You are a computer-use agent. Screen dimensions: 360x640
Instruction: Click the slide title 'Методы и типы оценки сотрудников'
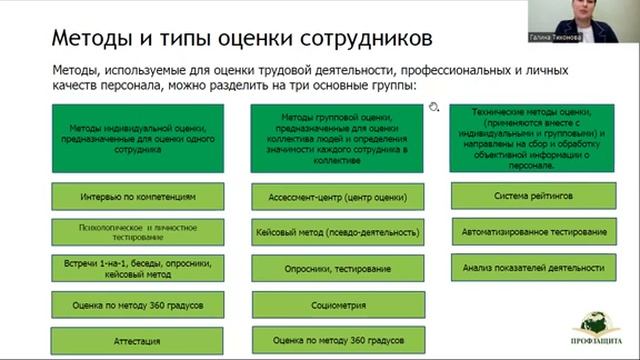[x=228, y=39]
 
